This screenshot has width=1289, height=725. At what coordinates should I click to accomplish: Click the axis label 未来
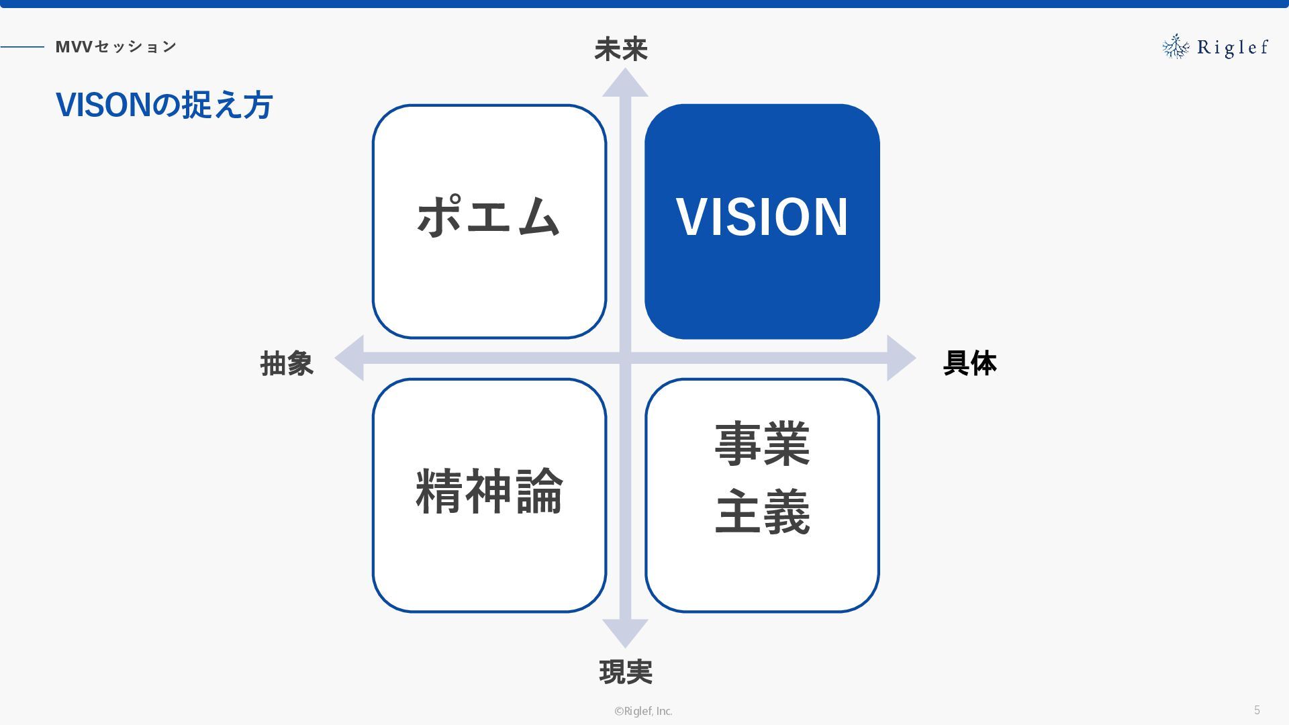coord(621,50)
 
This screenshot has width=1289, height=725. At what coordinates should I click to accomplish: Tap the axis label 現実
coord(626,671)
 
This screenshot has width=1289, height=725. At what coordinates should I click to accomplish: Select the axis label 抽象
coord(287,363)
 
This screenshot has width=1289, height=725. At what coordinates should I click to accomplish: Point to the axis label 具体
coord(969,363)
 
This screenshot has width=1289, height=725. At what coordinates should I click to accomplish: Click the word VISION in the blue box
coord(762,217)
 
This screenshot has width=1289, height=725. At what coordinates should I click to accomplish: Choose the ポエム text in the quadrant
coord(489,216)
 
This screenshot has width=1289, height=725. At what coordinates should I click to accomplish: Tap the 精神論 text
coord(489,492)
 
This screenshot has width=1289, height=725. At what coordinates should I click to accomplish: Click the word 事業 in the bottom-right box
coord(763,444)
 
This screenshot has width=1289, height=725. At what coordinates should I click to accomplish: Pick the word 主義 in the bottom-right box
coord(763,513)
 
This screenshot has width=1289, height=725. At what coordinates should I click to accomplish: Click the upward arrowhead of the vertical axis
coord(625,83)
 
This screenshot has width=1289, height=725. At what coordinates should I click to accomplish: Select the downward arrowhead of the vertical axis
coord(625,633)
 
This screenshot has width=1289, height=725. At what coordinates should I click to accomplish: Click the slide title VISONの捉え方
coord(164,105)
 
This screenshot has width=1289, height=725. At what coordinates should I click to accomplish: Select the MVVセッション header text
coord(116,46)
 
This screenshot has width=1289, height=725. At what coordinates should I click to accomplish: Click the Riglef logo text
coord(1233,48)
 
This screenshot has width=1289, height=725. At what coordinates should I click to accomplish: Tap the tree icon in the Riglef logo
coord(1176,46)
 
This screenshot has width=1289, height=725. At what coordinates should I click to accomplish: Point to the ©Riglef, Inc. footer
coord(643,711)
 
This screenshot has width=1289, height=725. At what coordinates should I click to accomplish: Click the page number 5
coord(1257,710)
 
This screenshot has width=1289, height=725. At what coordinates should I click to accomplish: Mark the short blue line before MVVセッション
coord(22,47)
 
